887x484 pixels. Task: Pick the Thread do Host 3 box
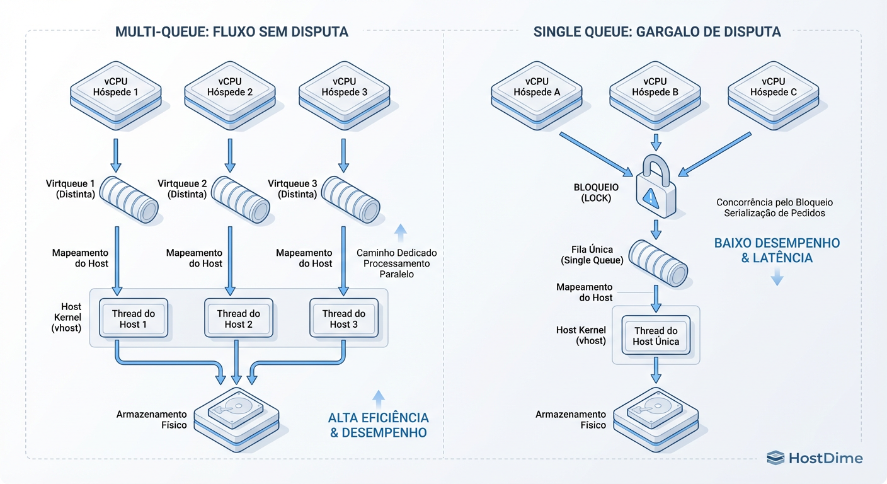[343, 318]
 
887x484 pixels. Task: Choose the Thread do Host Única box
[656, 336]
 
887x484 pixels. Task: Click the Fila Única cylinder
[659, 262]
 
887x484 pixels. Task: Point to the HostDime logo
[815, 458]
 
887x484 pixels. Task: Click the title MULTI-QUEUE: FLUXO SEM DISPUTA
[232, 32]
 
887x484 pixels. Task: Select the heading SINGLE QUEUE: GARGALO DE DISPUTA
[657, 32]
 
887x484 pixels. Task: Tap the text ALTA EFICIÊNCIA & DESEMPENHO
[378, 425]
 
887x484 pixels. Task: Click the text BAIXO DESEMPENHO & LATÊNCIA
[777, 250]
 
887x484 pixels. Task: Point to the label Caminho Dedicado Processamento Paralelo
[396, 263]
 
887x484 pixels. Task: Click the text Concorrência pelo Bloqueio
[774, 202]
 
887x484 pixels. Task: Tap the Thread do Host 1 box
[133, 318]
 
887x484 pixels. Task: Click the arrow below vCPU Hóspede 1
[116, 155]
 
